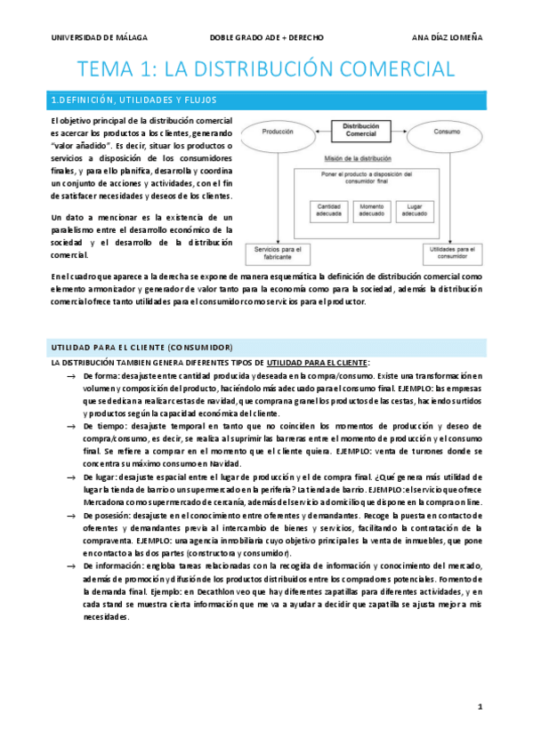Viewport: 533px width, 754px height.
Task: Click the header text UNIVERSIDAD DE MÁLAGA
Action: (x=99, y=38)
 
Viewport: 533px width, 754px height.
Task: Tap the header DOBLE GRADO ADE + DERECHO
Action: (x=266, y=38)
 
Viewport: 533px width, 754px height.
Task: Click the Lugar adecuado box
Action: (x=412, y=210)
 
